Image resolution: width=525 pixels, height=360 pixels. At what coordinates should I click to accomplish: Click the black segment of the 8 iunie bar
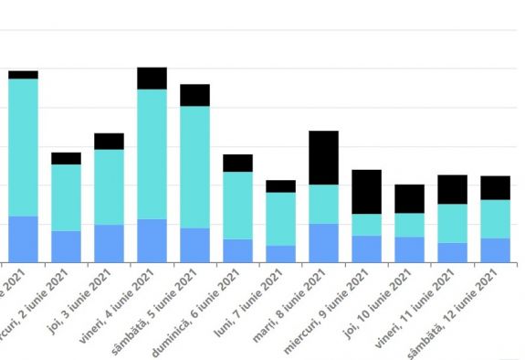point(324,157)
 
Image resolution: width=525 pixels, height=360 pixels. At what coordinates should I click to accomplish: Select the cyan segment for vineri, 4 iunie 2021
point(152,154)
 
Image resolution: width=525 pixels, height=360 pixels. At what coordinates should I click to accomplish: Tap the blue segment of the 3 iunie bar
point(109,243)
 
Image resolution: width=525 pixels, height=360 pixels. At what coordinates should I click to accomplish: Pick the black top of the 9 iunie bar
point(366,192)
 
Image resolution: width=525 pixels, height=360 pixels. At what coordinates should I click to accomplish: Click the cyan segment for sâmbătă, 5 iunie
point(194,166)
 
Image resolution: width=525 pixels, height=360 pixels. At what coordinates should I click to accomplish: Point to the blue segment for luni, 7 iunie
point(280,253)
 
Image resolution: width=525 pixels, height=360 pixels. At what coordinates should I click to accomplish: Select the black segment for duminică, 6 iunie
point(237,163)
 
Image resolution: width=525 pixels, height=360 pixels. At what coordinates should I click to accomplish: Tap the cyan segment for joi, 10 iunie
point(409,225)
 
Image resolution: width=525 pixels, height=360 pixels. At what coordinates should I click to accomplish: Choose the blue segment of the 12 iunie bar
point(495,249)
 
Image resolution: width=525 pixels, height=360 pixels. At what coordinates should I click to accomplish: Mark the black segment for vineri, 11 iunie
point(452,189)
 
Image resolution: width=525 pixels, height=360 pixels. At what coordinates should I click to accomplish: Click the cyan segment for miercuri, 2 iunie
point(66,197)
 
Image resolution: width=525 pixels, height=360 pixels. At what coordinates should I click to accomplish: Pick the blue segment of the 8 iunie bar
point(324,242)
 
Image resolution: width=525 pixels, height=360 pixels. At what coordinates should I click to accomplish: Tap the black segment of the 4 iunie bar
point(152,78)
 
